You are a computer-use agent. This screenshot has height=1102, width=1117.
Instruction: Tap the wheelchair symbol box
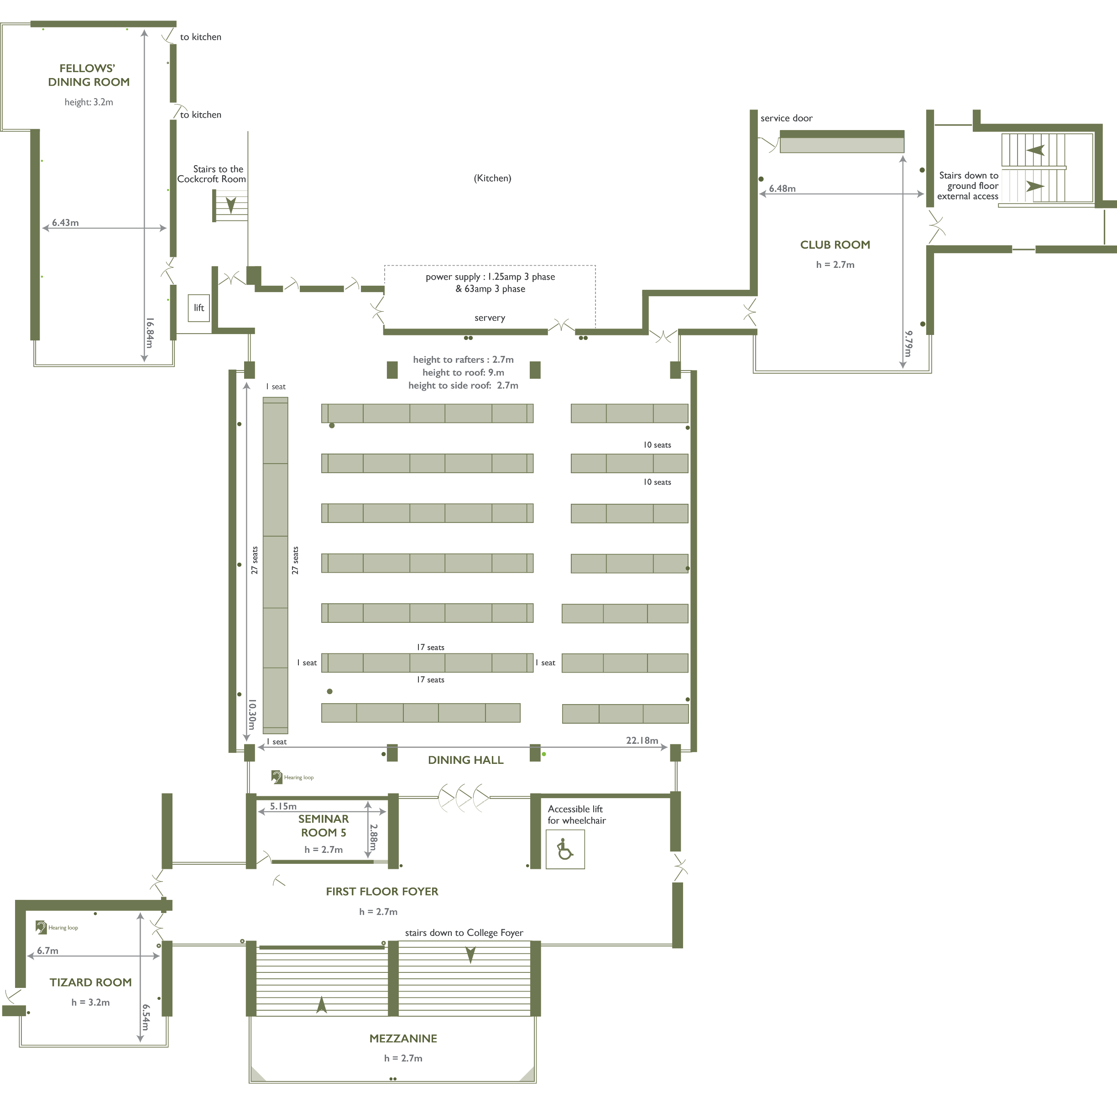pyautogui.click(x=565, y=849)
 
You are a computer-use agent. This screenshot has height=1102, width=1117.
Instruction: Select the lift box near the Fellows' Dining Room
pyautogui.click(x=199, y=308)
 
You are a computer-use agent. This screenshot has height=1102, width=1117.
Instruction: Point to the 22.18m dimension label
pyautogui.click(x=642, y=740)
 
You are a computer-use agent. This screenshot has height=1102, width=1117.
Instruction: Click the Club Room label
pyautogui.click(x=835, y=245)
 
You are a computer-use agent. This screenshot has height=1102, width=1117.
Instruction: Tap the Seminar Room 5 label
pyautogui.click(x=323, y=825)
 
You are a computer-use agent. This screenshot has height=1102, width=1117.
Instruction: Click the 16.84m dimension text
pyautogui.click(x=150, y=333)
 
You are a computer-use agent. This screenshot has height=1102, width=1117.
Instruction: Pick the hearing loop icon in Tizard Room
pyautogui.click(x=41, y=927)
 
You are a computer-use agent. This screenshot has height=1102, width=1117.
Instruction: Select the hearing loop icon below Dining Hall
pyautogui.click(x=277, y=777)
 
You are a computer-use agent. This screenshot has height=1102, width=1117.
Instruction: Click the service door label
pyautogui.click(x=786, y=118)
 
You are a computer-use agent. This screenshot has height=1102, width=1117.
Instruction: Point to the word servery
pyautogui.click(x=490, y=318)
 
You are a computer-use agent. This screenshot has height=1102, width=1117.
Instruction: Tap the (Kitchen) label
pyautogui.click(x=492, y=178)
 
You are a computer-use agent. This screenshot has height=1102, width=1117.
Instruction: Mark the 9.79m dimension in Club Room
pyautogui.click(x=908, y=344)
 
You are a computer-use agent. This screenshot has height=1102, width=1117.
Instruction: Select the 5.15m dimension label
pyautogui.click(x=283, y=806)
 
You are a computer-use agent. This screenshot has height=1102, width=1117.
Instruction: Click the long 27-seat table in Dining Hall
pyautogui.click(x=275, y=565)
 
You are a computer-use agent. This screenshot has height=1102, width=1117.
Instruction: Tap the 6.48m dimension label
pyautogui.click(x=782, y=188)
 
